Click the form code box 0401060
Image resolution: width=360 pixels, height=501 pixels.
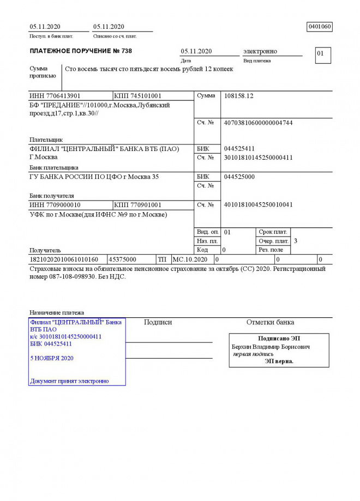pos(320,27)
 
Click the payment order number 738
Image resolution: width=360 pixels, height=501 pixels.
pos(126,51)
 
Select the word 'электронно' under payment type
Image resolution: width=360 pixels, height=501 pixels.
pos(260,51)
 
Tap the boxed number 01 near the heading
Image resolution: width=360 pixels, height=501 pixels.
pos(321,54)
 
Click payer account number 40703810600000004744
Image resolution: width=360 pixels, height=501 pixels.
pos(258,123)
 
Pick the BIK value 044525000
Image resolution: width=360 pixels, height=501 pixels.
pos(239,177)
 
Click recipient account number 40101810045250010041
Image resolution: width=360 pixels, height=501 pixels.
pos(258,205)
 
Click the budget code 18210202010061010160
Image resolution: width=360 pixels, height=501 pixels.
pos(63,259)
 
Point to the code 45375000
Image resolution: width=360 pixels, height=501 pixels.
pos(123,259)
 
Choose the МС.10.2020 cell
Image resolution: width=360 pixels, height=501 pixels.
pos(190,259)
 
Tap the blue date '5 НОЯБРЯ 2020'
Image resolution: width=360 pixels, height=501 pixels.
pos(52,358)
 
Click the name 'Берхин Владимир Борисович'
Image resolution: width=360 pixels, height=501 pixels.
pos(271,347)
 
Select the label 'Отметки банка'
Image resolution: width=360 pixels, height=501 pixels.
pos(270,322)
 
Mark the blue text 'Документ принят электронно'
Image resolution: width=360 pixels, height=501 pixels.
pos(69,381)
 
